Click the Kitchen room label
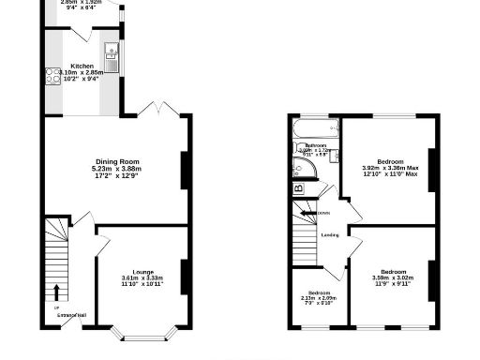coord(82,66)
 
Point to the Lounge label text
coord(142,271)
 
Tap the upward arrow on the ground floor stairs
coord(56,292)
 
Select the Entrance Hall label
coord(70,314)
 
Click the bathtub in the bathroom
coord(315,127)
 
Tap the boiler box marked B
coord(298,188)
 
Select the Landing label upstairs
coord(329,235)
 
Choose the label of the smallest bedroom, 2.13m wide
coord(317,292)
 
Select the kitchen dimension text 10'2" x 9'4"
coord(82,79)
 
